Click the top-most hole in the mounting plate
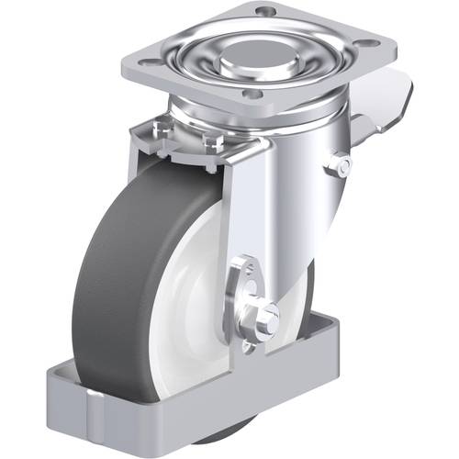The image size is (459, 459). click(264, 11)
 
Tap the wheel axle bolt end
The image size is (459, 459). click(268, 319)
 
